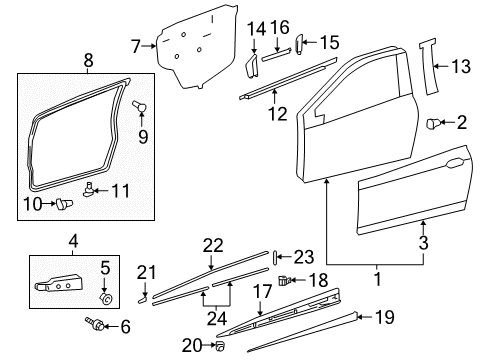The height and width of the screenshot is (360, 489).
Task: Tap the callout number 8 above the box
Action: pyautogui.click(x=88, y=61)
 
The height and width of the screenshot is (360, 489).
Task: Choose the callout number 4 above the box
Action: pyautogui.click(x=72, y=240)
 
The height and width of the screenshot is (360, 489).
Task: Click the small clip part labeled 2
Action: pyautogui.click(x=435, y=124)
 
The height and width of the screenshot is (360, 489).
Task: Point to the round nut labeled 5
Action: pyautogui.click(x=104, y=298)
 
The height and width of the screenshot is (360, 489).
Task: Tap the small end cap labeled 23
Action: pyautogui.click(x=271, y=256)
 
